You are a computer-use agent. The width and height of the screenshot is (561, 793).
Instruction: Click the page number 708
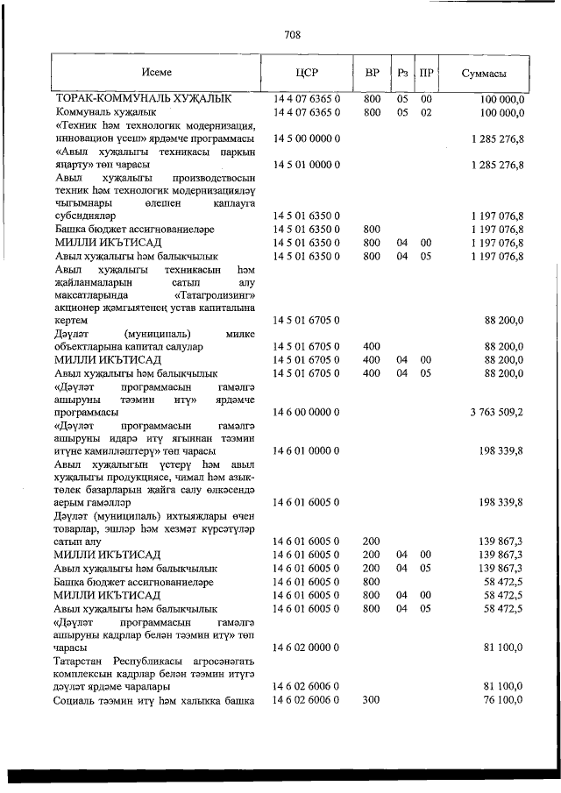click(293, 35)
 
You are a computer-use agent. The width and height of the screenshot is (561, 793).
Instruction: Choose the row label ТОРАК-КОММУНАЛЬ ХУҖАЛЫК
click(144, 100)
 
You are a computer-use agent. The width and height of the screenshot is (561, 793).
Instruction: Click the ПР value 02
click(426, 113)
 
